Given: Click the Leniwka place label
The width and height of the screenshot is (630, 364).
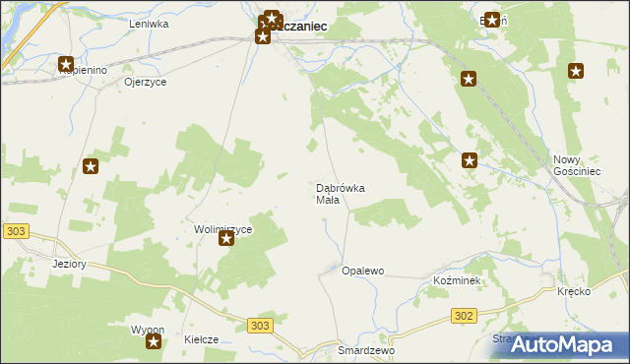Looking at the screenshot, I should pyautogui.click(x=150, y=23).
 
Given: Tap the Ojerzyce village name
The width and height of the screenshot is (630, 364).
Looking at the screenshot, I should pyautogui.click(x=145, y=82).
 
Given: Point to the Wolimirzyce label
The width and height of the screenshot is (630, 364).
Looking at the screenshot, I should pyautogui.click(x=223, y=229).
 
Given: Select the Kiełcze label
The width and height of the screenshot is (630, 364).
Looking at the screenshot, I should pyautogui.click(x=201, y=339).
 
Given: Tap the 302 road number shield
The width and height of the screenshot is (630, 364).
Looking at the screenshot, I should pyautogui.click(x=466, y=316).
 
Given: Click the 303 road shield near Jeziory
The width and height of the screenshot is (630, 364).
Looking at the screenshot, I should pyautogui.click(x=14, y=230).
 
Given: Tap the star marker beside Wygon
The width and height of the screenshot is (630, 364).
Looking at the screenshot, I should pyautogui.click(x=154, y=341).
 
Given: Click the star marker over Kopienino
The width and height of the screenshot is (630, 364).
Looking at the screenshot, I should pyautogui.click(x=66, y=64).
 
